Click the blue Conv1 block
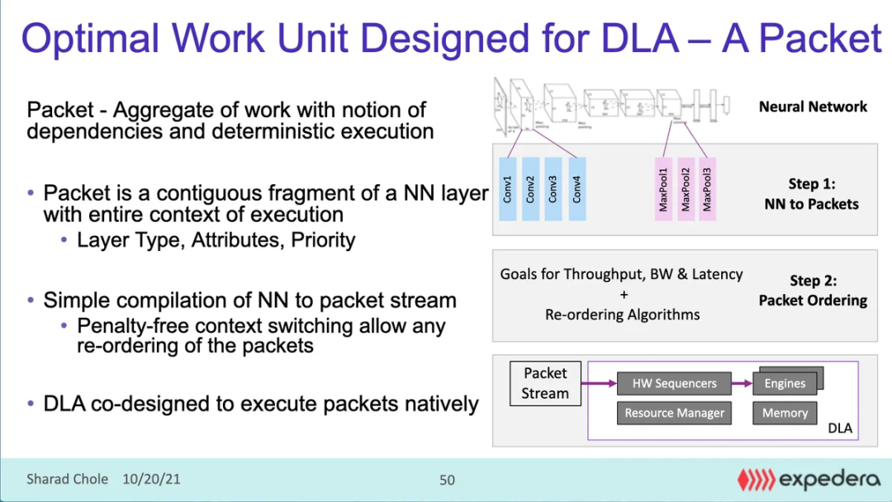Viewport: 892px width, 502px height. pyautogui.click(x=508, y=189)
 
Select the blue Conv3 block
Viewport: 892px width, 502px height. pyautogui.click(x=553, y=189)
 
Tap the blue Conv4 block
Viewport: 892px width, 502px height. pyautogui.click(x=576, y=189)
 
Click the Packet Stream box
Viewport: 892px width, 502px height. pyautogui.click(x=545, y=383)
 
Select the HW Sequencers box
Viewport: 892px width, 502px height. pyautogui.click(x=674, y=383)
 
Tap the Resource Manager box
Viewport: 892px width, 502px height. pyautogui.click(x=674, y=413)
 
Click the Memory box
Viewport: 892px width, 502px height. pyautogui.click(x=785, y=413)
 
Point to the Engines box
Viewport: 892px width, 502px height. pyautogui.click(x=785, y=383)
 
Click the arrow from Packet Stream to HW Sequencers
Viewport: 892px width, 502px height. pyautogui.click(x=599, y=383)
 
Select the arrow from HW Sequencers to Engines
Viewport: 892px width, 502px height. pyautogui.click(x=742, y=383)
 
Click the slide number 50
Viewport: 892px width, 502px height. pyautogui.click(x=447, y=480)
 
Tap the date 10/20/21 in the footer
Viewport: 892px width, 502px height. pyautogui.click(x=152, y=479)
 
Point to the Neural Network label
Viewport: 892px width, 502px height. pyautogui.click(x=813, y=107)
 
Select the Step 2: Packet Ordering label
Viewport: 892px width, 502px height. pyautogui.click(x=813, y=291)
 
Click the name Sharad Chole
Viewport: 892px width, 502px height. pyautogui.click(x=67, y=479)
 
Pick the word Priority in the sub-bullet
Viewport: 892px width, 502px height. pyautogui.click(x=323, y=240)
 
